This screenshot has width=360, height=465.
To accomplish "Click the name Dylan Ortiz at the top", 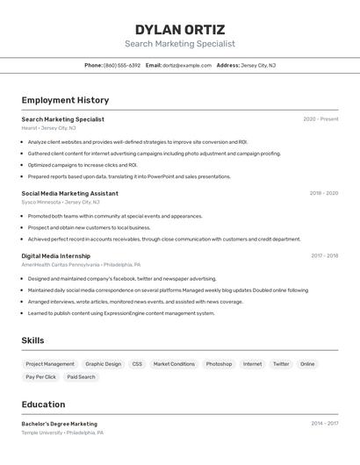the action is coord(180,29).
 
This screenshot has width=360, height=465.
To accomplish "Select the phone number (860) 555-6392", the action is coord(122,65).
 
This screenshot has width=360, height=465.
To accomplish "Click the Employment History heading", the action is coord(65,100).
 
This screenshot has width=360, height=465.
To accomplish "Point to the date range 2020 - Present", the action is coord(320,119).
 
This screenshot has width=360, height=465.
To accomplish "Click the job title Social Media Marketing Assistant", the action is coord(69,193).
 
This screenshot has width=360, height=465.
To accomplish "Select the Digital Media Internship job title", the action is coord(55,256).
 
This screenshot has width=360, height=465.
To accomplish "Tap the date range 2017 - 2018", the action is coord(324,256).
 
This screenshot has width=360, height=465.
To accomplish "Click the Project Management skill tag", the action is coord(50,364).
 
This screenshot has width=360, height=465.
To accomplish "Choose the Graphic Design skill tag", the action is coord(103,364).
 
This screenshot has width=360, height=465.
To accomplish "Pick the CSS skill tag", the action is coord(137,364).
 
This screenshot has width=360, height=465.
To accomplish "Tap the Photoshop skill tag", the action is coord(219,364).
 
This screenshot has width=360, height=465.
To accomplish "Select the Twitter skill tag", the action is coord(281,364).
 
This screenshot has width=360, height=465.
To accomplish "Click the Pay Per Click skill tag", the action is coord(40,377).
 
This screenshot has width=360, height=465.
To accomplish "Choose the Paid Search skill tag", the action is coord(81,377).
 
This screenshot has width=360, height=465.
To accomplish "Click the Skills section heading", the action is coord(32,340).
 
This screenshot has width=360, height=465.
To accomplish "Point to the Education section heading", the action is coord(43,404).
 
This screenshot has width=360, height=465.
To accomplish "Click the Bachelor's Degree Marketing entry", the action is coord(60,424).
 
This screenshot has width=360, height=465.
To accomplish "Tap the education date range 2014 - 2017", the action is coord(324,424).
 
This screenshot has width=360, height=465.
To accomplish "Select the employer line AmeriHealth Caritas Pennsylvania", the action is coord(60,264).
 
